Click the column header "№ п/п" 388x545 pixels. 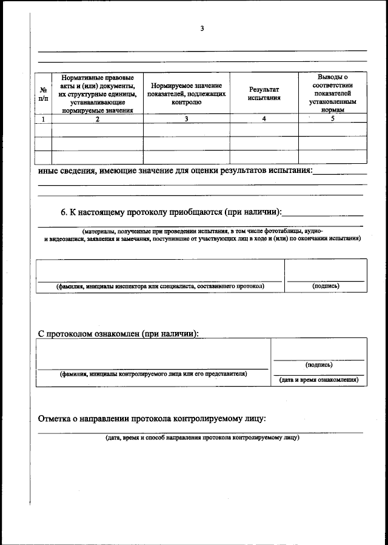pos(43,93)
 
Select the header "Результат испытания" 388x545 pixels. pos(264,93)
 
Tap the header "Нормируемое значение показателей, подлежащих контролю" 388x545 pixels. pos(187,94)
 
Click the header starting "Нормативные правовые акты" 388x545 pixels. pos(98,94)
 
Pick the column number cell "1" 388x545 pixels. pos(43,119)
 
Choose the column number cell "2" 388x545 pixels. pos(98,119)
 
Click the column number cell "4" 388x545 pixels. pos(264,119)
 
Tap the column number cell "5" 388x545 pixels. pos(332,119)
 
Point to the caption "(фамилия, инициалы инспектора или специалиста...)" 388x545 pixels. pos(159,286)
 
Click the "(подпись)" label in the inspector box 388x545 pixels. pos(326,286)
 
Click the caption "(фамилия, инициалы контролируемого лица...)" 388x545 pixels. pos(153,374)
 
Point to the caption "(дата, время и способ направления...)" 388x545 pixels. pos(202,438)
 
